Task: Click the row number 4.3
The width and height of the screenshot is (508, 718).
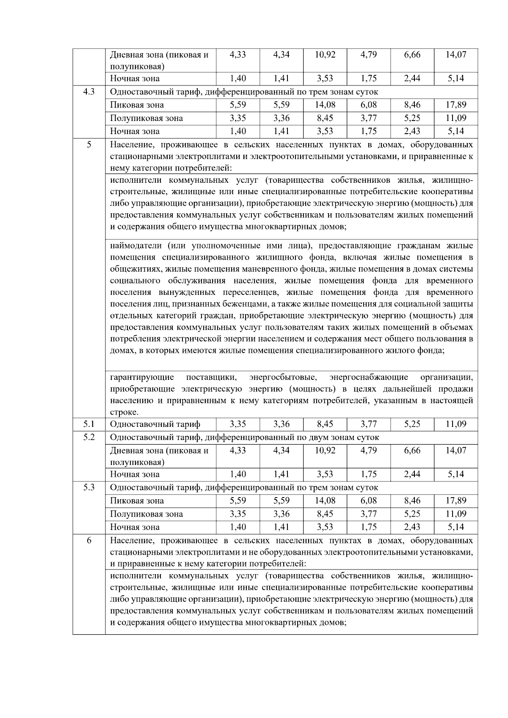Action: [88, 92]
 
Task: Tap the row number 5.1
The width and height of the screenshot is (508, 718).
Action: [88, 424]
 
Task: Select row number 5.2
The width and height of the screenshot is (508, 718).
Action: [88, 437]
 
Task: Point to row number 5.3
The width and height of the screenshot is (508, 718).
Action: [88, 487]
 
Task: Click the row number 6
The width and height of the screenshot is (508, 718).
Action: [88, 540]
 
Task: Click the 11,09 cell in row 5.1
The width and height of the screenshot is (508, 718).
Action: [456, 424]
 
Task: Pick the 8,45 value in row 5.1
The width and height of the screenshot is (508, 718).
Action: [325, 424]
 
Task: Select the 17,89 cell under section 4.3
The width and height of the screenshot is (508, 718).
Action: [456, 105]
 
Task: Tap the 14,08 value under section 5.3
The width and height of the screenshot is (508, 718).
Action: [325, 501]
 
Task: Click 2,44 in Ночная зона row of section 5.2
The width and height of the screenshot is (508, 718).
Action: [412, 474]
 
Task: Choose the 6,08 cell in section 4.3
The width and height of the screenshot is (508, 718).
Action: [368, 105]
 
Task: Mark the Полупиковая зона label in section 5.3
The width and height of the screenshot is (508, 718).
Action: [146, 514]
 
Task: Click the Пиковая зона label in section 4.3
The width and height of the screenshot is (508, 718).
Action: [137, 105]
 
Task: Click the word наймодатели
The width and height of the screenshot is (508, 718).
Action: [136, 246]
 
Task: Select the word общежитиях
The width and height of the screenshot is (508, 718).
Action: [136, 269]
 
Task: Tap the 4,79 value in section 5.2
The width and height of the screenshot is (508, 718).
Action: [368, 451]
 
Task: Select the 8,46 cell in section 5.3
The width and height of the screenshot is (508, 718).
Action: [412, 501]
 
